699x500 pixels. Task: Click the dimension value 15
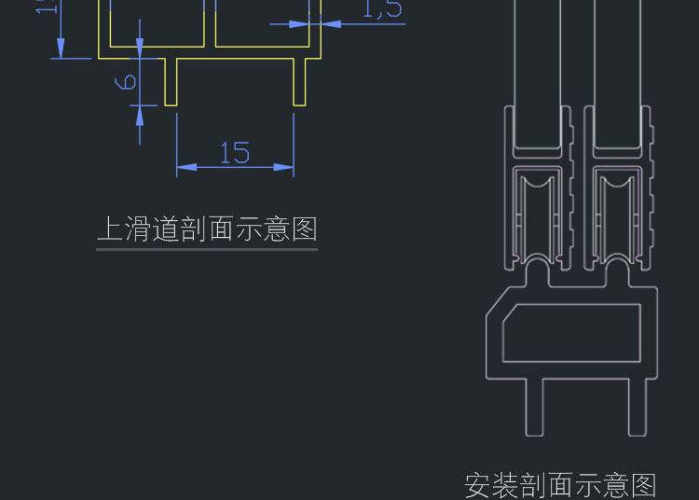pos(235,153)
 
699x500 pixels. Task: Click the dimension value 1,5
pos(382,9)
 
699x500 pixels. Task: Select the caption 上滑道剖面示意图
pos(207,229)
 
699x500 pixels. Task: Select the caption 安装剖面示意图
pos(560,485)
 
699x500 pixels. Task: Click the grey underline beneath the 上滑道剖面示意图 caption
pos(207,249)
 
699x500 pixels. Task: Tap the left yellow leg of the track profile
pos(171,82)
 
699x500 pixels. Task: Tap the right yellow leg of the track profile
pos(299,82)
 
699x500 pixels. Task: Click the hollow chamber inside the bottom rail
pos(571,332)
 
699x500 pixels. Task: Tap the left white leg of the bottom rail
pos(534,406)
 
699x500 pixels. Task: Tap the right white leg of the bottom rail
pos(637,406)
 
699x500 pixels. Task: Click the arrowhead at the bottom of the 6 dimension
pos(140,114)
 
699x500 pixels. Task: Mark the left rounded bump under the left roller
pos(538,273)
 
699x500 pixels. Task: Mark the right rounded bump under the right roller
pos(617,273)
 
